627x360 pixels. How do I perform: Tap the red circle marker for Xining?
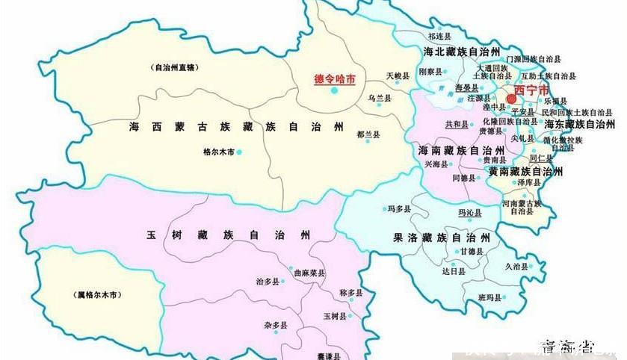(x=512, y=99)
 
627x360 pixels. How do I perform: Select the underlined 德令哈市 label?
(x=333, y=78)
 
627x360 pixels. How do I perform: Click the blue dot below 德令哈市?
(x=334, y=90)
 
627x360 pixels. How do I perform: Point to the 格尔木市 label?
(x=219, y=152)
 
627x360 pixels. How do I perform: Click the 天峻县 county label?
(x=398, y=76)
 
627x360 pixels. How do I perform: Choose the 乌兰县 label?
(x=380, y=98)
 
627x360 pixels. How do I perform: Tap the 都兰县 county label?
(x=368, y=134)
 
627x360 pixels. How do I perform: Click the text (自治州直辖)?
(x=173, y=66)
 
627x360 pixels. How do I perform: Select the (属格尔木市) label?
(x=98, y=295)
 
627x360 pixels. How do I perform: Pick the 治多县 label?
(x=267, y=282)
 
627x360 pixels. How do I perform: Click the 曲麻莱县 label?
(x=309, y=273)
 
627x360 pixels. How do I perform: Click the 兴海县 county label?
(x=436, y=164)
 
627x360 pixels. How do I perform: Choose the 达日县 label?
(x=453, y=273)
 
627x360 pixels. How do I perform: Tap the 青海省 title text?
(x=569, y=346)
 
